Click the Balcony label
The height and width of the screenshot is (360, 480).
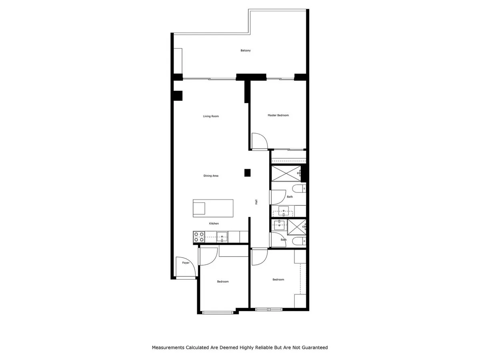245,50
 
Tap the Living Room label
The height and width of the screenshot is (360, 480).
211,116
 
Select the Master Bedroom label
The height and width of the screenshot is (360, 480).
278,115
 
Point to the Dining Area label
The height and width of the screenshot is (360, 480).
211,176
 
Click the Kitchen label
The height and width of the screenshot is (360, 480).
214,223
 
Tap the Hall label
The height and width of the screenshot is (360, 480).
256,202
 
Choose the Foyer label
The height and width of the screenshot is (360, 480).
186,263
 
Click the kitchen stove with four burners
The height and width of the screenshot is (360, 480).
199,237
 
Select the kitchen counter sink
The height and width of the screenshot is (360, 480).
222,237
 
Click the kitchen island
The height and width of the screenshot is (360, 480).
213,208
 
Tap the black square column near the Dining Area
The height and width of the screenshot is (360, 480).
247,173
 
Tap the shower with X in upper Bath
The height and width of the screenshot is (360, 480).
286,174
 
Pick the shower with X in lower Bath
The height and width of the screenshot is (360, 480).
296,227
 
